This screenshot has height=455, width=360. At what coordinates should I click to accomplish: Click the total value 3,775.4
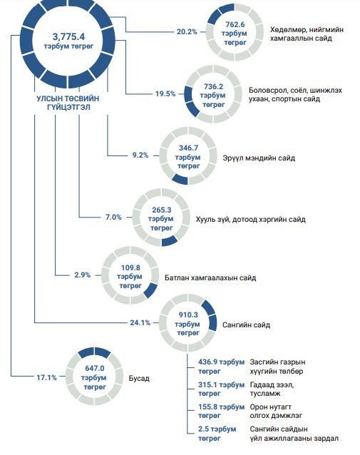(68, 36)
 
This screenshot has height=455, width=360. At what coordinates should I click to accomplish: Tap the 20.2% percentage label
(187, 31)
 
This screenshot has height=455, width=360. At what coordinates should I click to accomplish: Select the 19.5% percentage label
(165, 93)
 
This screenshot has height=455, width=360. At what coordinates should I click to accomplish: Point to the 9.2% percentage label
(140, 155)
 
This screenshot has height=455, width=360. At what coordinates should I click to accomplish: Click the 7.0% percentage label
(113, 217)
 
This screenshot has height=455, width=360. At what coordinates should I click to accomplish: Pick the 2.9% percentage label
(83, 275)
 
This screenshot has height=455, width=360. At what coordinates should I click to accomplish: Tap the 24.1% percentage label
(140, 322)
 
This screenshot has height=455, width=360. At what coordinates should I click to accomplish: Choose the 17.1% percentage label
(47, 377)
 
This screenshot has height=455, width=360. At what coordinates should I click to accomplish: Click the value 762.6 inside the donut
(235, 24)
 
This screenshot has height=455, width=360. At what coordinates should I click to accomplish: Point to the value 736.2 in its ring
(214, 86)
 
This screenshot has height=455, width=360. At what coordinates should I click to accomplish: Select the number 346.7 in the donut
(189, 148)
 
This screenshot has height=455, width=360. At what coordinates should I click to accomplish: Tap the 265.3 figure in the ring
(162, 210)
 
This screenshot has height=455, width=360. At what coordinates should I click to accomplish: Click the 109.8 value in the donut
(130, 267)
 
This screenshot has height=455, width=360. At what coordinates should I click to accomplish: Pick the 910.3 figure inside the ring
(188, 315)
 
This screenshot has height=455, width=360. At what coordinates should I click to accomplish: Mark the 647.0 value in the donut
(95, 368)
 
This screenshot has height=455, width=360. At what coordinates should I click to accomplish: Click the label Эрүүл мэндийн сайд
(259, 158)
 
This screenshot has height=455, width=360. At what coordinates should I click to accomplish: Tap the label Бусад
(139, 379)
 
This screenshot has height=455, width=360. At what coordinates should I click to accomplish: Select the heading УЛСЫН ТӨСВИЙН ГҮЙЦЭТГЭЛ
(68, 103)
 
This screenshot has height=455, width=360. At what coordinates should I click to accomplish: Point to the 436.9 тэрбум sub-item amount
(221, 362)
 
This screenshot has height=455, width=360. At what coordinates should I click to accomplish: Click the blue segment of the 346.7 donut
(180, 179)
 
